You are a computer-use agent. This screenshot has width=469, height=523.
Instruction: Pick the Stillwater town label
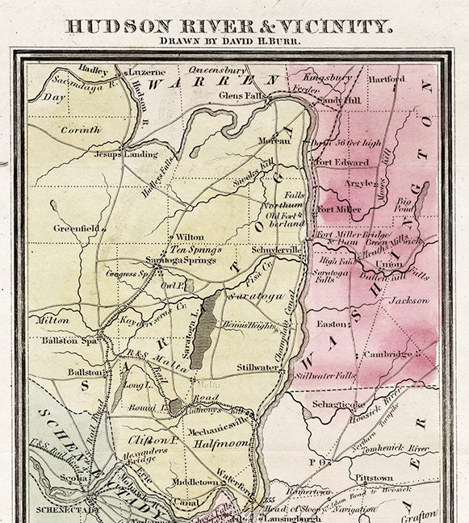click(258, 367)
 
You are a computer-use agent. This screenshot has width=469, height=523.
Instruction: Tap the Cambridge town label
click(387, 354)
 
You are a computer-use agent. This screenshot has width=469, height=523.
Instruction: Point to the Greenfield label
click(76, 228)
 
